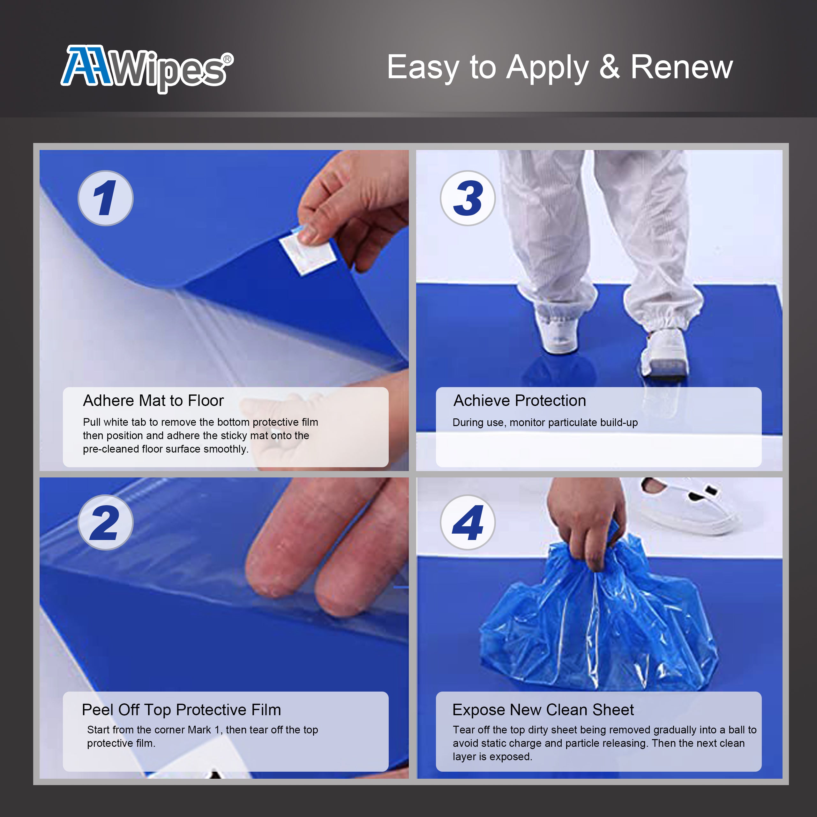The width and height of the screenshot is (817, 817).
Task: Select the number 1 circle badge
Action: [105, 198]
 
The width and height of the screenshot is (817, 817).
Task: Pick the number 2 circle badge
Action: [105, 522]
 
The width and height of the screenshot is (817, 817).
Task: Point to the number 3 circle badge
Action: [468, 198]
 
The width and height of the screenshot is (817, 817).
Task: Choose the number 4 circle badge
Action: [468, 522]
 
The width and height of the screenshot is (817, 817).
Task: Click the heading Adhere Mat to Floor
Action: [153, 401]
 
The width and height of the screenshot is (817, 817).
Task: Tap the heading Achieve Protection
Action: [520, 401]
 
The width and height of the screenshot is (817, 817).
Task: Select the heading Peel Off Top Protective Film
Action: [181, 709]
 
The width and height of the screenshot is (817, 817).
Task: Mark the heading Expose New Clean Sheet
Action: [543, 709]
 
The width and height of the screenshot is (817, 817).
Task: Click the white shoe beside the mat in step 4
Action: [689, 505]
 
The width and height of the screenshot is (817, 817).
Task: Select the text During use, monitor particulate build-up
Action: [545, 423]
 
